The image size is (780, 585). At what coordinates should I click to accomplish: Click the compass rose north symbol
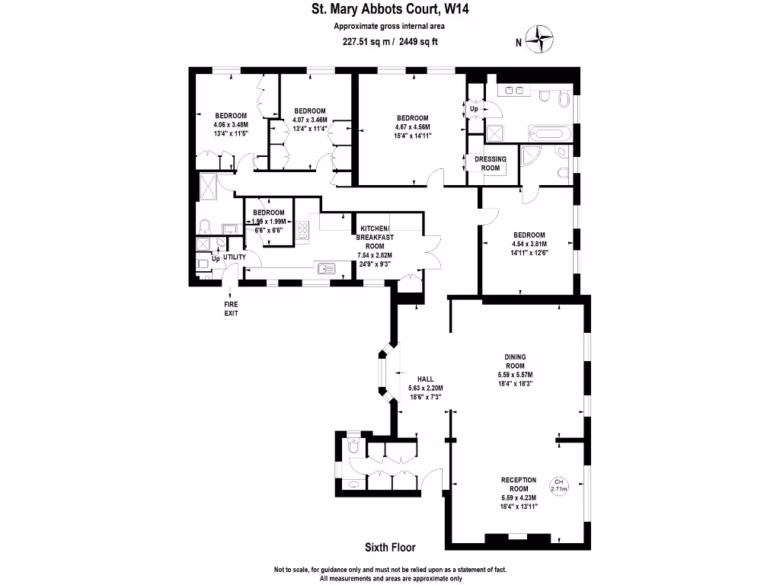[539, 39]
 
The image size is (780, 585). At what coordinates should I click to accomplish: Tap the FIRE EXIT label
[231, 308]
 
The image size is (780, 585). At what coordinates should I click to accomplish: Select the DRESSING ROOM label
[491, 164]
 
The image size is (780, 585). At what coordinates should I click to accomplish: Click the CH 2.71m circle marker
[558, 485]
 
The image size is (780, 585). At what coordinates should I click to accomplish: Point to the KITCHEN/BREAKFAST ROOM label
[375, 238]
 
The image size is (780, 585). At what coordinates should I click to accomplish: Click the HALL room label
[425, 379]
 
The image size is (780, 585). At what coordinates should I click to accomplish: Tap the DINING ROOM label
[515, 361]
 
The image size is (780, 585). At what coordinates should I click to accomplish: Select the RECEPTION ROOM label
[518, 484]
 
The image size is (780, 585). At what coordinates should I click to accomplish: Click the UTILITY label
[235, 257]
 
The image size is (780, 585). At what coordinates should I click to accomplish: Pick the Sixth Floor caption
[390, 548]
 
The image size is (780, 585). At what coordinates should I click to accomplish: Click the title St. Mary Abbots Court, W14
[390, 9]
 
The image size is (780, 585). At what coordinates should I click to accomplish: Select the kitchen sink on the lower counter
[326, 269]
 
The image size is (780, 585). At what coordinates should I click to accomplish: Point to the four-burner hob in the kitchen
[302, 230]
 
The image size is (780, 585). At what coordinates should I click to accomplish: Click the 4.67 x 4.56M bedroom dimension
[412, 127]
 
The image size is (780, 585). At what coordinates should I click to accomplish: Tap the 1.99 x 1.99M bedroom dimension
[269, 222]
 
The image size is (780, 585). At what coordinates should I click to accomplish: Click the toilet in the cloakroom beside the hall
[353, 446]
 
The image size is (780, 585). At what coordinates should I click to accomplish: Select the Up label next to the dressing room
[474, 109]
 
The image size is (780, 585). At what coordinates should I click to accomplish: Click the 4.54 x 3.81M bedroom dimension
[529, 244]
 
